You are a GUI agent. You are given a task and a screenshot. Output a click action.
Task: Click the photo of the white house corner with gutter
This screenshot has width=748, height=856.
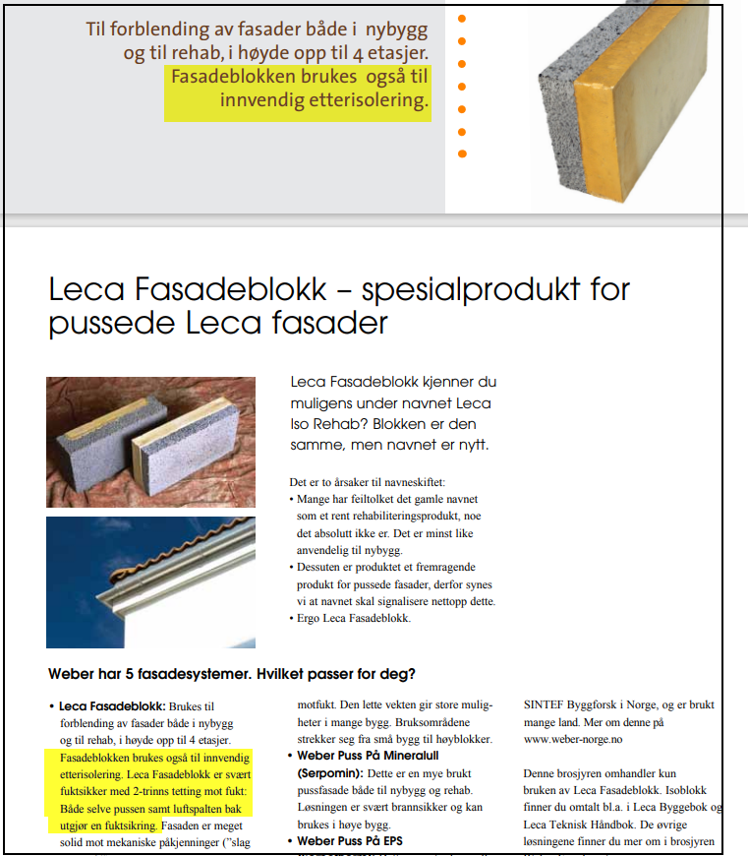click(x=150, y=582)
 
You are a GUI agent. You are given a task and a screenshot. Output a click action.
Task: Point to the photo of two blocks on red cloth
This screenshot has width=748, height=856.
click(x=150, y=442)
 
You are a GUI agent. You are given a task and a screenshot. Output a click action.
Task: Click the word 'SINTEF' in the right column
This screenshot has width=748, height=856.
click(x=546, y=705)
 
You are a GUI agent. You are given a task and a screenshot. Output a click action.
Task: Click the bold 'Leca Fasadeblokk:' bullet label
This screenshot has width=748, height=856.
click(x=112, y=706)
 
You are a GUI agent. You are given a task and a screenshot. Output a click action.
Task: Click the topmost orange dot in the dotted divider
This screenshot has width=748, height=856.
click(x=462, y=18)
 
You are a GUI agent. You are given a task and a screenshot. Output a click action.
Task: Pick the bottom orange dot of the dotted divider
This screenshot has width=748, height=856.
click(x=462, y=153)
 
